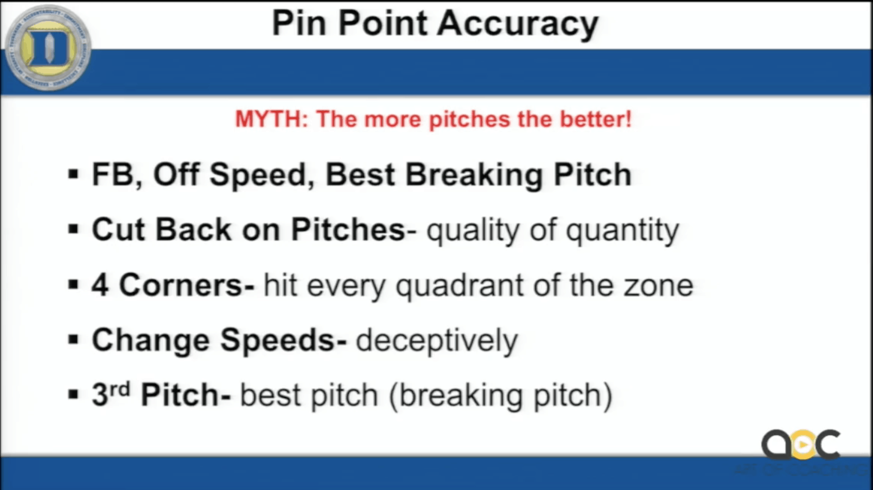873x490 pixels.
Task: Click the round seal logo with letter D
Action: pos(48,48)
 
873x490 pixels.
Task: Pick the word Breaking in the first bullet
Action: pos(474,175)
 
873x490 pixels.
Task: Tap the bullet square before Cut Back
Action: pos(74,229)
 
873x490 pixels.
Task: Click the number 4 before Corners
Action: pos(100,285)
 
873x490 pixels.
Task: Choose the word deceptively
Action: pos(437,341)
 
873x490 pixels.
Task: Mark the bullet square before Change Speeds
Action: pos(74,340)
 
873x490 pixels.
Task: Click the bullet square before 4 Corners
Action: pos(74,285)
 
